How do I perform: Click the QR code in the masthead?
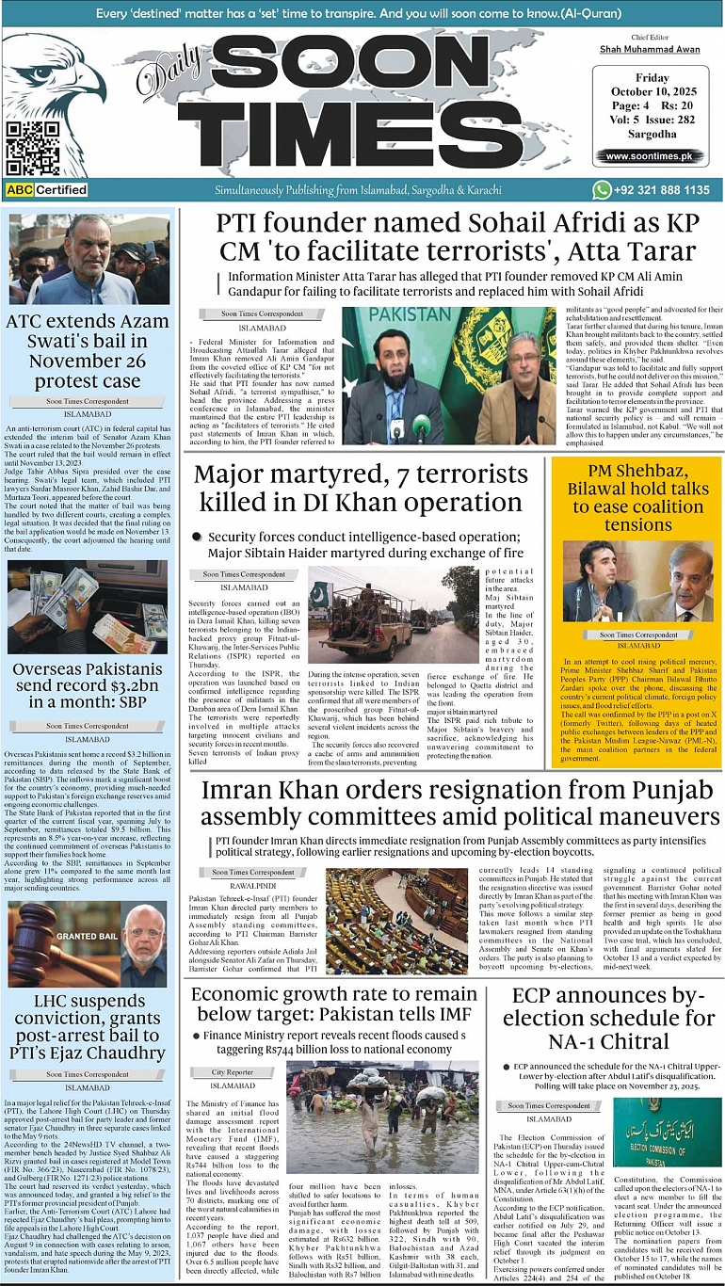click(x=31, y=149)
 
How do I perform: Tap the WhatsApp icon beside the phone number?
click(x=602, y=190)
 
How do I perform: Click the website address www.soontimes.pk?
click(x=650, y=156)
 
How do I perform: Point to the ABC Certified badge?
click(x=46, y=190)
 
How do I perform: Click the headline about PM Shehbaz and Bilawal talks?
click(x=636, y=498)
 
